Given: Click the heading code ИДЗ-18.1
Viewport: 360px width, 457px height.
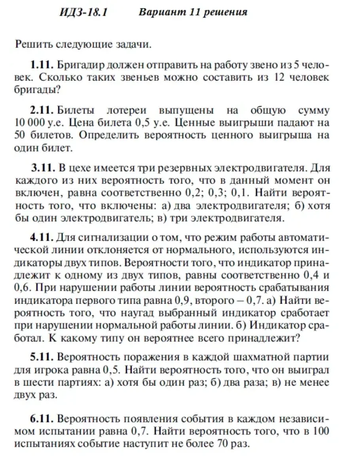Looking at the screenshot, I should point(83,12).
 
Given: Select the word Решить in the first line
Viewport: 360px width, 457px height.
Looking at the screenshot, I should point(31,44).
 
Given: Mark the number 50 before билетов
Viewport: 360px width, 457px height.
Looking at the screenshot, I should point(20,135).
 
